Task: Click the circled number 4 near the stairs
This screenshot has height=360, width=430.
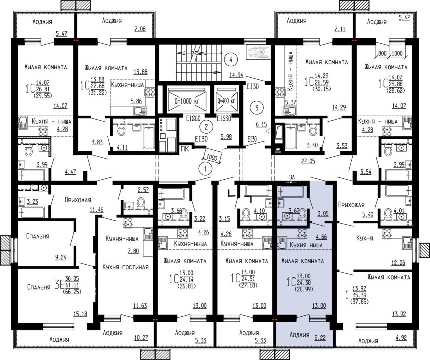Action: click(231, 60)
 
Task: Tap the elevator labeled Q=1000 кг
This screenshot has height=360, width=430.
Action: click(187, 101)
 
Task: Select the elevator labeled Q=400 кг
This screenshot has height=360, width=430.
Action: click(226, 101)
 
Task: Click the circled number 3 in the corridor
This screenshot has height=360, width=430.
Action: click(257, 108)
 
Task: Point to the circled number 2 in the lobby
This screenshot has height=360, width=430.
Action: click(206, 127)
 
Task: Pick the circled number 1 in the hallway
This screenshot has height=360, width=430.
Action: click(205, 169)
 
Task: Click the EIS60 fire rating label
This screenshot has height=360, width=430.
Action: click(193, 119)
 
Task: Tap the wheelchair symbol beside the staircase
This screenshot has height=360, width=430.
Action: click(258, 52)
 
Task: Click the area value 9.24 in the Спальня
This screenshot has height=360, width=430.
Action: click(61, 257)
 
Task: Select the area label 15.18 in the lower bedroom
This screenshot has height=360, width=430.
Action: click(80, 314)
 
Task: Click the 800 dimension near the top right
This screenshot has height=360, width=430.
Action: click(382, 53)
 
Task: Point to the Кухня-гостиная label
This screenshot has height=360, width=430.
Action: click(125, 267)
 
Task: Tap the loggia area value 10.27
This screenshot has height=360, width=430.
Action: click(141, 338)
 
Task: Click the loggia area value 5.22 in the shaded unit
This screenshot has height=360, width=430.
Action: click(320, 338)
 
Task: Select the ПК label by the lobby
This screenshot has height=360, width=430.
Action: click(185, 149)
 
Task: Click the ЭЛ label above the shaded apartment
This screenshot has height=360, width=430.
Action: click(292, 177)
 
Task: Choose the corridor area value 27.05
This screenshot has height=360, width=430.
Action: click(308, 161)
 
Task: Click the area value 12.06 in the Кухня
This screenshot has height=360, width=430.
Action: click(398, 263)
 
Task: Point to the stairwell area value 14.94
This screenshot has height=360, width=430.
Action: click(236, 75)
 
